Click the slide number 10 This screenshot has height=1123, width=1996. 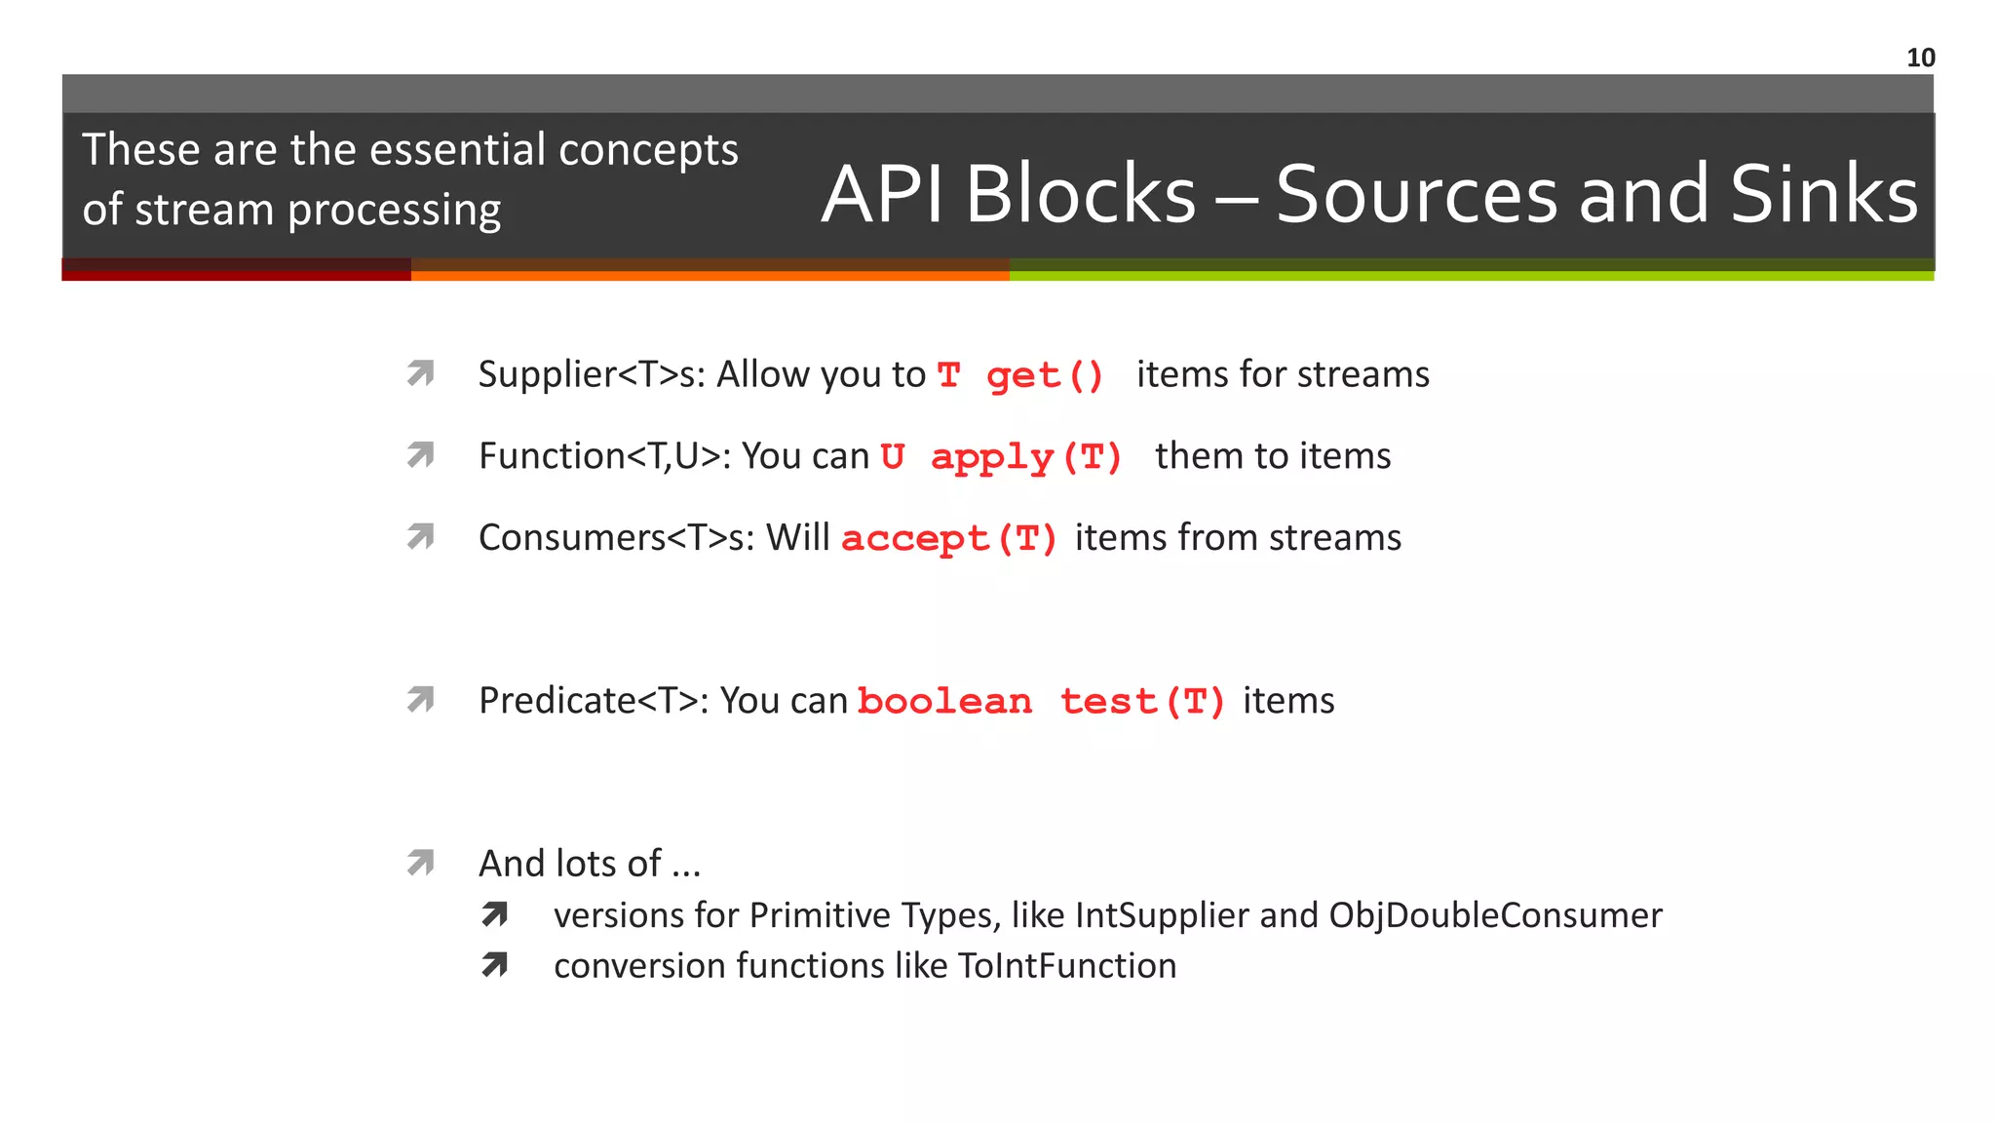1920,58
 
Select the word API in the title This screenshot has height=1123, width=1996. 882,194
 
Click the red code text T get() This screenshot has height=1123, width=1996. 1020,375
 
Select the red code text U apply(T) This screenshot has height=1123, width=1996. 1002,457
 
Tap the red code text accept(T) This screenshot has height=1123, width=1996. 949,539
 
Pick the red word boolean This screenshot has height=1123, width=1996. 944,702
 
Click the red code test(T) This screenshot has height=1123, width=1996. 1142,702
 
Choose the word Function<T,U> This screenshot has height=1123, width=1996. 604,456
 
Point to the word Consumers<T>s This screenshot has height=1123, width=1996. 615,538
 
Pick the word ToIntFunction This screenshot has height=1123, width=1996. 1067,966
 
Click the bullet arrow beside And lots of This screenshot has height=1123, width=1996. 420,863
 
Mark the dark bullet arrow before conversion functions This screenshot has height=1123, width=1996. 495,965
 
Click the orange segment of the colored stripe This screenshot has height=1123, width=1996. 710,274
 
